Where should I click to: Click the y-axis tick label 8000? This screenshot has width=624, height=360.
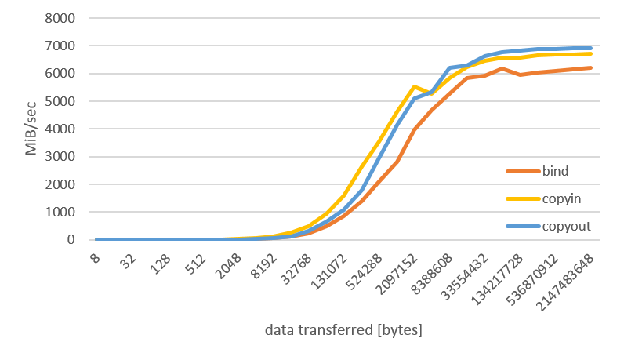(63, 18)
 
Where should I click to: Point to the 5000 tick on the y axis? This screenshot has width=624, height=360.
(63, 101)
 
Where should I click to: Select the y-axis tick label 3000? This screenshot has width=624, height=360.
(63, 157)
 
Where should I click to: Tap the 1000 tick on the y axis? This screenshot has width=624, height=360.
(63, 213)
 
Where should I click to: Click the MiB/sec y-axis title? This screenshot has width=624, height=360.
(31, 129)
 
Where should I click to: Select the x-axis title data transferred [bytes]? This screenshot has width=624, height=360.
(343, 330)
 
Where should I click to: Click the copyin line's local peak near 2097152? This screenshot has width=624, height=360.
(413, 86)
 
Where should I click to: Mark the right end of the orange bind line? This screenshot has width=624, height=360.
(591, 68)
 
